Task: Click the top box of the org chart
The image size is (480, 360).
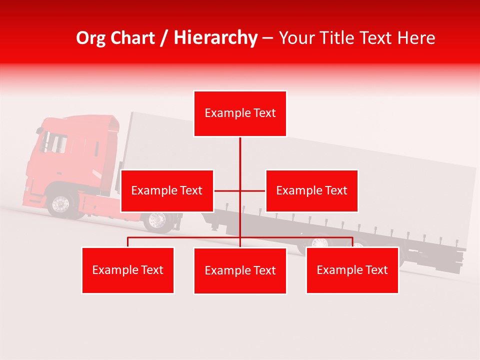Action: click(x=240, y=113)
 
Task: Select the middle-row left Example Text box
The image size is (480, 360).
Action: click(x=167, y=190)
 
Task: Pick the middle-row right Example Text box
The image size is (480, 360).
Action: click(x=311, y=190)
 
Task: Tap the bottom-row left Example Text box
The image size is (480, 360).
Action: click(x=127, y=270)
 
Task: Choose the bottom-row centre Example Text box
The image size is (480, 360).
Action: click(x=240, y=270)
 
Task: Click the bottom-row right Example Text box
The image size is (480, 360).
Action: click(x=352, y=270)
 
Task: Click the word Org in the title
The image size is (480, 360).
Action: click(x=90, y=38)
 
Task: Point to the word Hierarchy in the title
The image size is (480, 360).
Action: click(x=215, y=38)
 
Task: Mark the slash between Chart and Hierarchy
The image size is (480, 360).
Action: click(x=164, y=38)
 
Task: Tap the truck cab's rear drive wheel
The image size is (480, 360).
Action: click(x=157, y=220)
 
